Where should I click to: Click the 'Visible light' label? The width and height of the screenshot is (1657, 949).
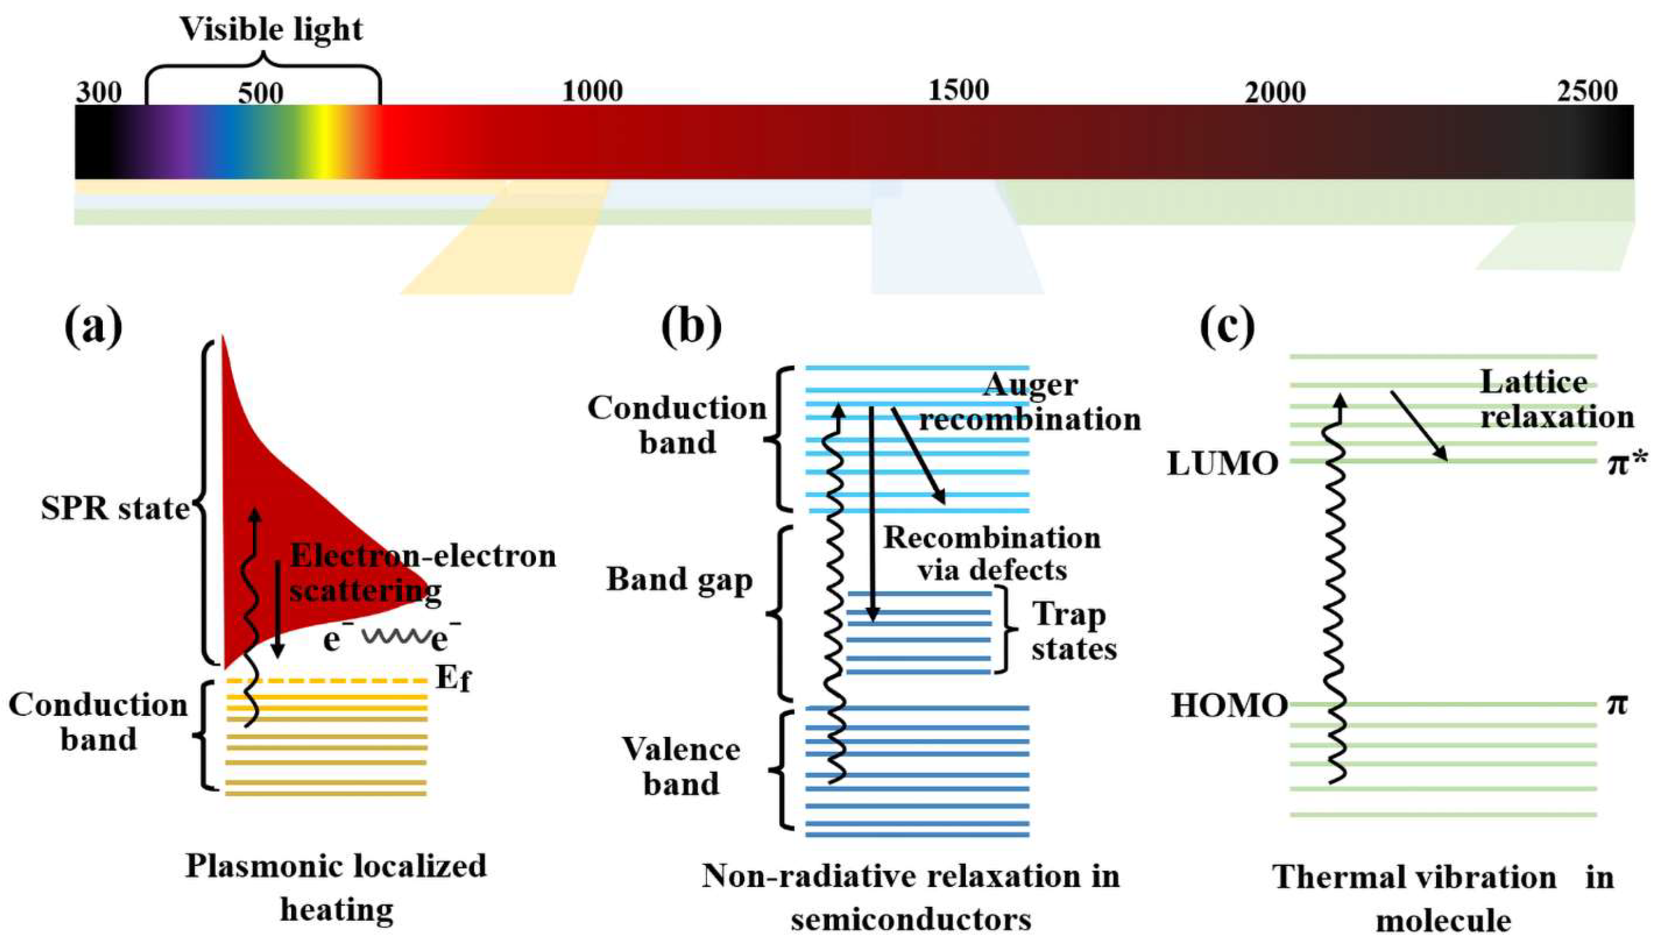pyautogui.click(x=271, y=29)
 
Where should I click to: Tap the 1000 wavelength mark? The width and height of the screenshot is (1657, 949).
pyautogui.click(x=592, y=92)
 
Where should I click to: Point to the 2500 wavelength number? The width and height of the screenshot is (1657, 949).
pyautogui.click(x=1587, y=91)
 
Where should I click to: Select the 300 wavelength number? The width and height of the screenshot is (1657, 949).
pyautogui.click(x=99, y=92)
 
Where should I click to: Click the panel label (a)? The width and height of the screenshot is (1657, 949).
pyautogui.click(x=93, y=328)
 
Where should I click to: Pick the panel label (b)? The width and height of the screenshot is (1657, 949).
pyautogui.click(x=692, y=328)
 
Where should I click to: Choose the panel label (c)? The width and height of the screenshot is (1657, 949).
pyautogui.click(x=1227, y=328)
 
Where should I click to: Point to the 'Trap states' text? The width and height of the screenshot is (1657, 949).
pyautogui.click(x=1073, y=632)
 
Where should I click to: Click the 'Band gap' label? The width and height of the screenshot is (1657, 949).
pyautogui.click(x=680, y=579)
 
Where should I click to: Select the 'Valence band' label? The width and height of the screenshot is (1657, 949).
pyautogui.click(x=681, y=766)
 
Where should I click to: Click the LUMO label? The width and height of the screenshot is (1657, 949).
pyautogui.click(x=1222, y=464)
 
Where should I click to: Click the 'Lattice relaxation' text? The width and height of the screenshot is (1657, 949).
pyautogui.click(x=1557, y=399)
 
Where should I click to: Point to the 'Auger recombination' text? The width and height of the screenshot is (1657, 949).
pyautogui.click(x=1030, y=403)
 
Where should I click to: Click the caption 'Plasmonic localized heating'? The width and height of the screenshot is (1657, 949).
pyautogui.click(x=336, y=887)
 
